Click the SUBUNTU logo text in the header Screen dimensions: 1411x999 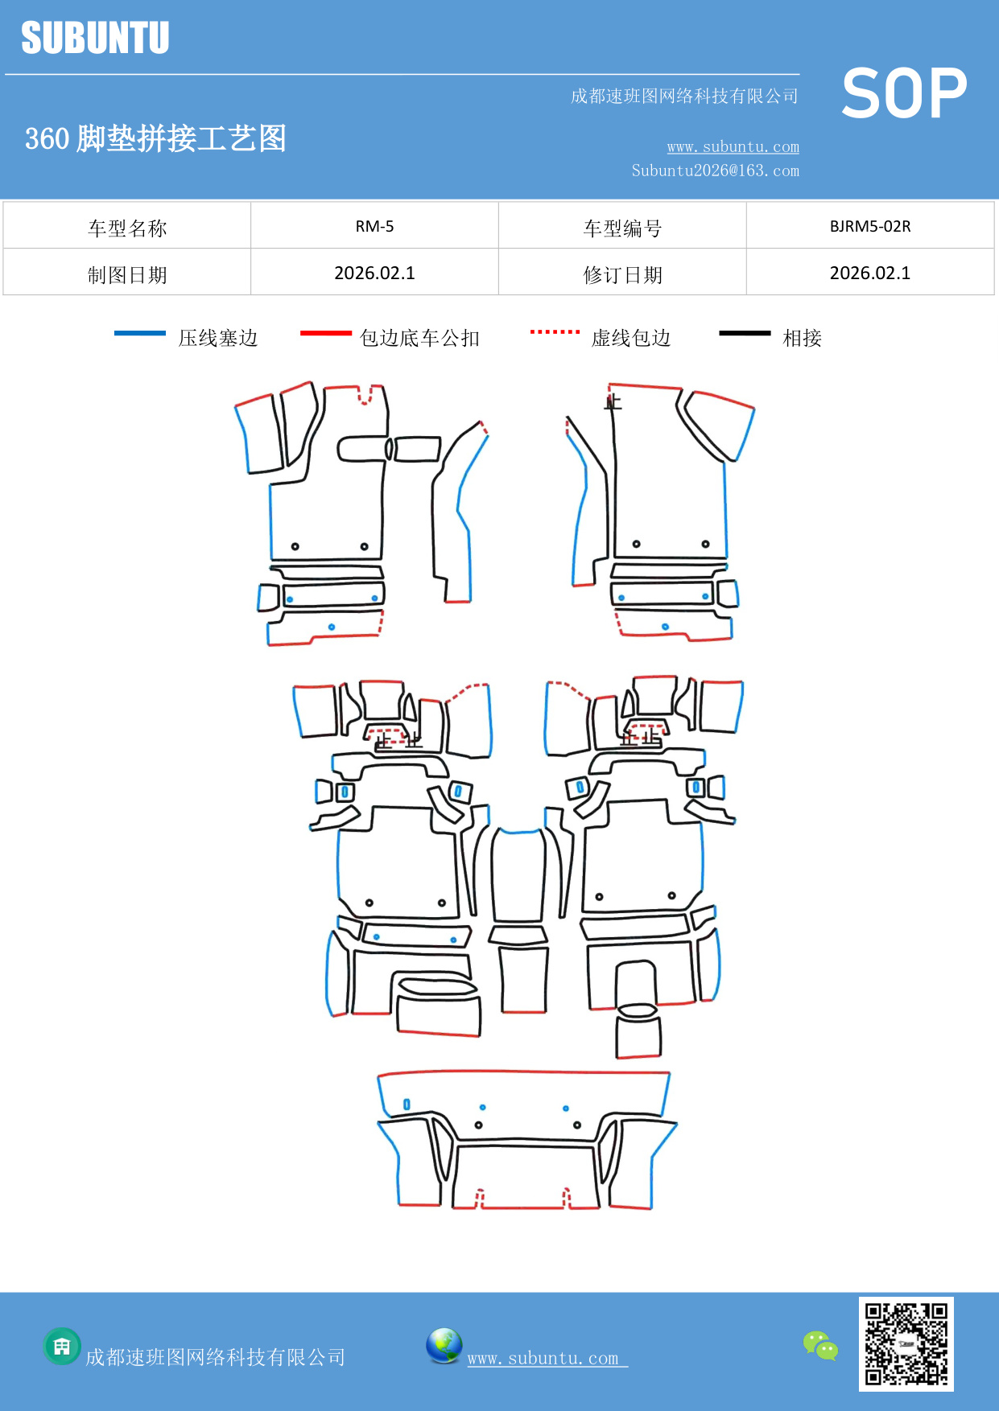[95, 38]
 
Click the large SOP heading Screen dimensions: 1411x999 [904, 94]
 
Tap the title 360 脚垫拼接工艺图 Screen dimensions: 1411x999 [155, 138]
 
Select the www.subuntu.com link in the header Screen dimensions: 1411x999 [733, 146]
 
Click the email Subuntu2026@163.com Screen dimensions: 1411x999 [715, 171]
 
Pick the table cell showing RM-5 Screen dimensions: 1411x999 [374, 226]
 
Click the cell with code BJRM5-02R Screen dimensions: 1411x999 [869, 226]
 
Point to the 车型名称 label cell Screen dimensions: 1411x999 [127, 228]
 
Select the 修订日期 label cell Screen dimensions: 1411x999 [622, 275]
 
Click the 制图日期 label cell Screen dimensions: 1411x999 [127, 275]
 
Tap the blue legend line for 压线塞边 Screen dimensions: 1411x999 [140, 333]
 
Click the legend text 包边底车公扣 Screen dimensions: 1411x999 [419, 338]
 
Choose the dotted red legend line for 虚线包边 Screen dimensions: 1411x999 [555, 331]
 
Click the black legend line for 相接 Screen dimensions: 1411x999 [745, 333]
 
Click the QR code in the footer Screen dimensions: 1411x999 [906, 1343]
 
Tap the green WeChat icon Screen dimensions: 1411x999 [820, 1345]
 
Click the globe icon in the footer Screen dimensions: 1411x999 [444, 1346]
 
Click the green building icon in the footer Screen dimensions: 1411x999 [62, 1346]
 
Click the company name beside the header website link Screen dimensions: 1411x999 [684, 97]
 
